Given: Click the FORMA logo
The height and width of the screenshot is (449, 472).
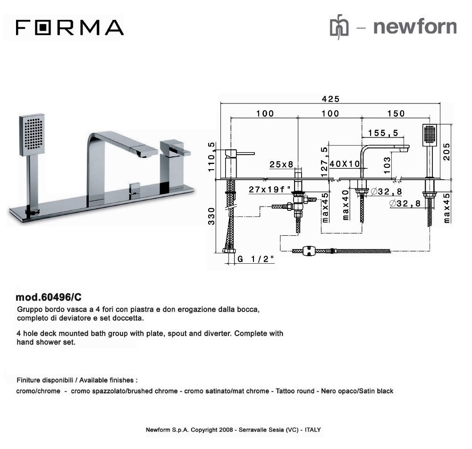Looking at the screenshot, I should pyautogui.click(x=69, y=27).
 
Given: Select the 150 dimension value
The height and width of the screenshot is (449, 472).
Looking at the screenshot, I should pyautogui.click(x=396, y=113).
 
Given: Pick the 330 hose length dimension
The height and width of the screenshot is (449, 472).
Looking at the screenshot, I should pyautogui.click(x=212, y=216).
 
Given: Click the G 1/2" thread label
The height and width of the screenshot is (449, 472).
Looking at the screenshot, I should pyautogui.click(x=255, y=259).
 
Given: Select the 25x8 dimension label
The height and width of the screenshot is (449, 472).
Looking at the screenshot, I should pyautogui.click(x=281, y=164).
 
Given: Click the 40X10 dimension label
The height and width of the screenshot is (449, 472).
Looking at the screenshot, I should pyautogui.click(x=345, y=164).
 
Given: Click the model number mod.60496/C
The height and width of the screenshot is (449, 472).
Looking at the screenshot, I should pyautogui.click(x=49, y=297).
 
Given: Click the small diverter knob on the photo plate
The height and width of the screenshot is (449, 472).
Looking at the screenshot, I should pyautogui.click(x=135, y=188).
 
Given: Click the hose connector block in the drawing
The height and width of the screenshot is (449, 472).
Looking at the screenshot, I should pyautogui.click(x=310, y=251).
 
